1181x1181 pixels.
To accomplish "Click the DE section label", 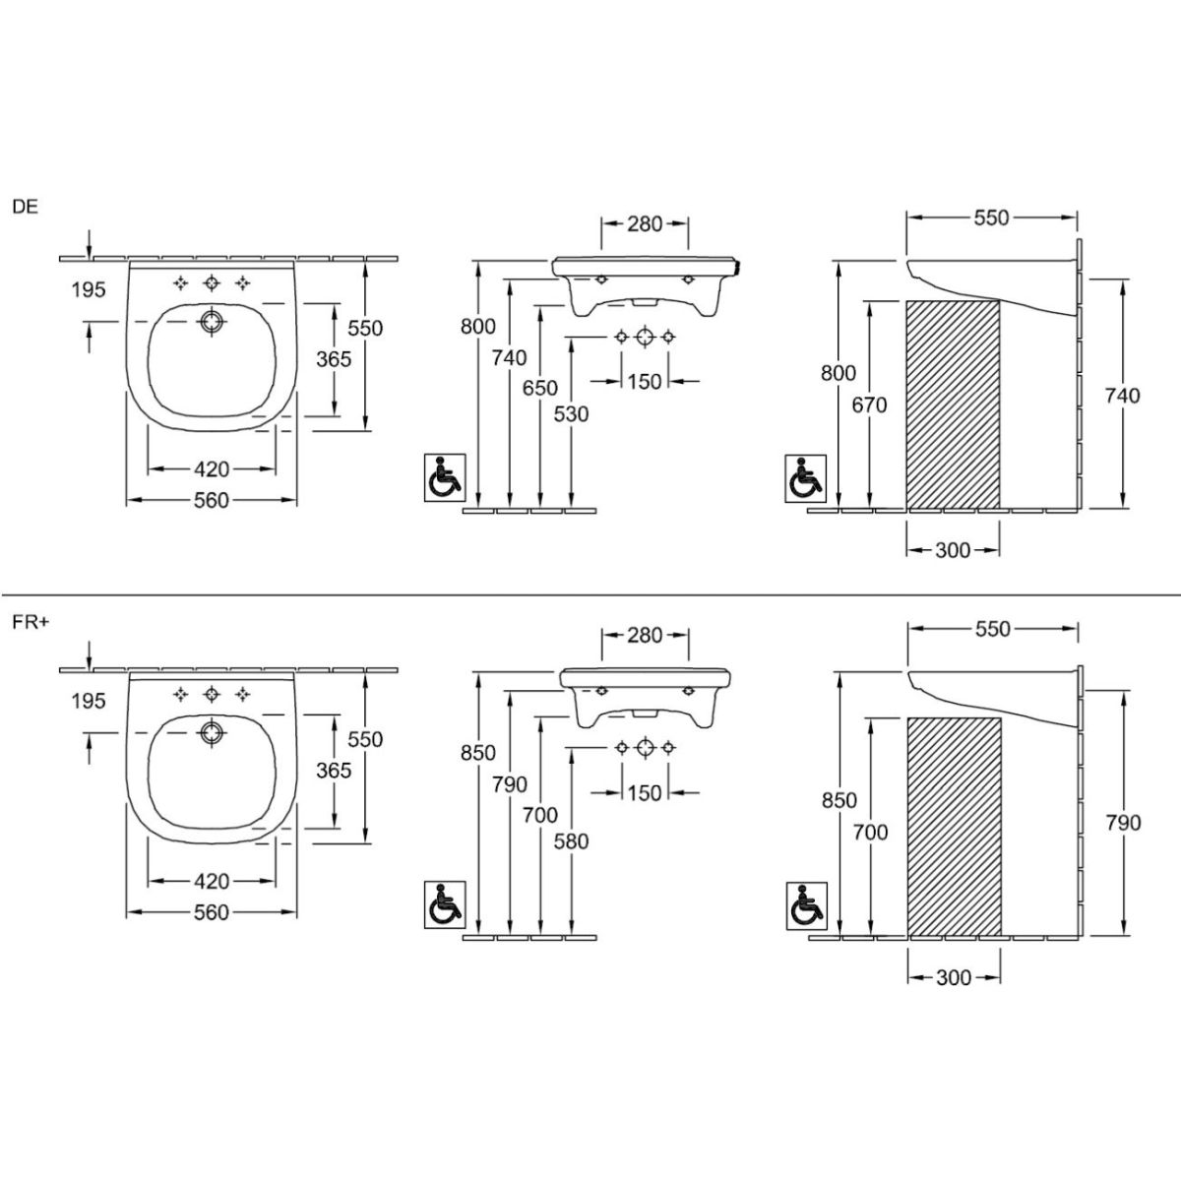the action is click(26, 207).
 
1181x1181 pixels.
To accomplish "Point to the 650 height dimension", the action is click(540, 388).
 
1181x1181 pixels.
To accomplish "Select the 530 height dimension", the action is click(571, 413).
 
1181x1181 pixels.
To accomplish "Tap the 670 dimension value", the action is click(869, 404).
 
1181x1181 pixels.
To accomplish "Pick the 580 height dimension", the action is click(571, 840).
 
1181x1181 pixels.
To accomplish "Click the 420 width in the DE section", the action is click(212, 468).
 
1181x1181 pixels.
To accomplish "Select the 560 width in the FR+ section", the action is click(212, 912).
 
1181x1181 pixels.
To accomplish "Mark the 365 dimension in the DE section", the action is click(334, 358).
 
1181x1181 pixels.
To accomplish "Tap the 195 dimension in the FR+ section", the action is click(89, 700).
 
